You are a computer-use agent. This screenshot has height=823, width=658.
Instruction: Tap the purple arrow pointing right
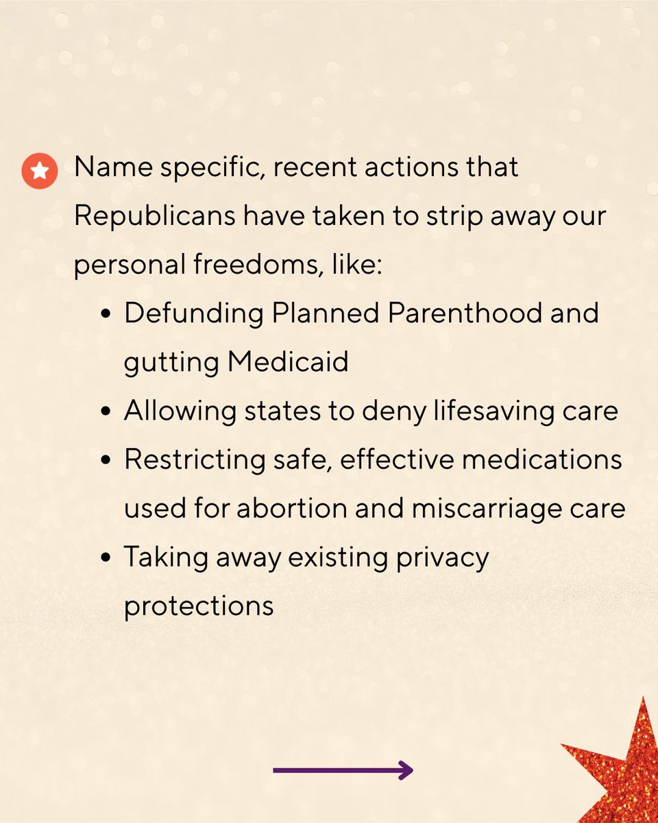(x=343, y=770)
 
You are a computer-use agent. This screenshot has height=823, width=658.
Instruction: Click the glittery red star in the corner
(x=620, y=768)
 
